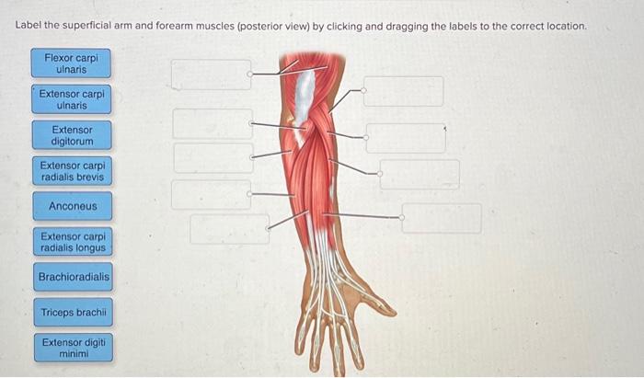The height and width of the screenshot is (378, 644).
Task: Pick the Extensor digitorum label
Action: (x=72, y=135)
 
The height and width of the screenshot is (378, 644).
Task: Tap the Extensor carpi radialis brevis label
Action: (x=72, y=171)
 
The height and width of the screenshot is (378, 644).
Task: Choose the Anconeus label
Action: (x=72, y=206)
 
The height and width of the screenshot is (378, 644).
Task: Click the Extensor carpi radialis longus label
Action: (x=73, y=242)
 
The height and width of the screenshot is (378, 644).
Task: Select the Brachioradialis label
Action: (x=74, y=277)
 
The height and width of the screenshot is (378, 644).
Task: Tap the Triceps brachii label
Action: (x=74, y=313)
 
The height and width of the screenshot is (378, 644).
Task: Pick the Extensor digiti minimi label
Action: (x=74, y=348)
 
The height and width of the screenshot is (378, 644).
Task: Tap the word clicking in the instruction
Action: (x=345, y=26)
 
